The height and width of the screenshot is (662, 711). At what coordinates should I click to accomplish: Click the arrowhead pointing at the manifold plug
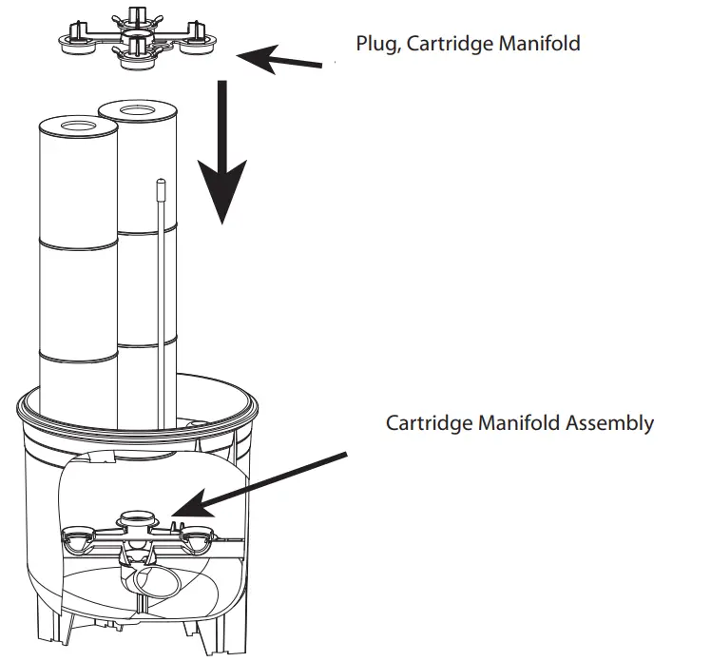249,57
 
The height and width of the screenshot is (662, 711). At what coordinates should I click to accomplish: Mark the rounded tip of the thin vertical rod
162,182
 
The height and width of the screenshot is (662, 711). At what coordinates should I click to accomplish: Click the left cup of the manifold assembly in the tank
75,539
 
